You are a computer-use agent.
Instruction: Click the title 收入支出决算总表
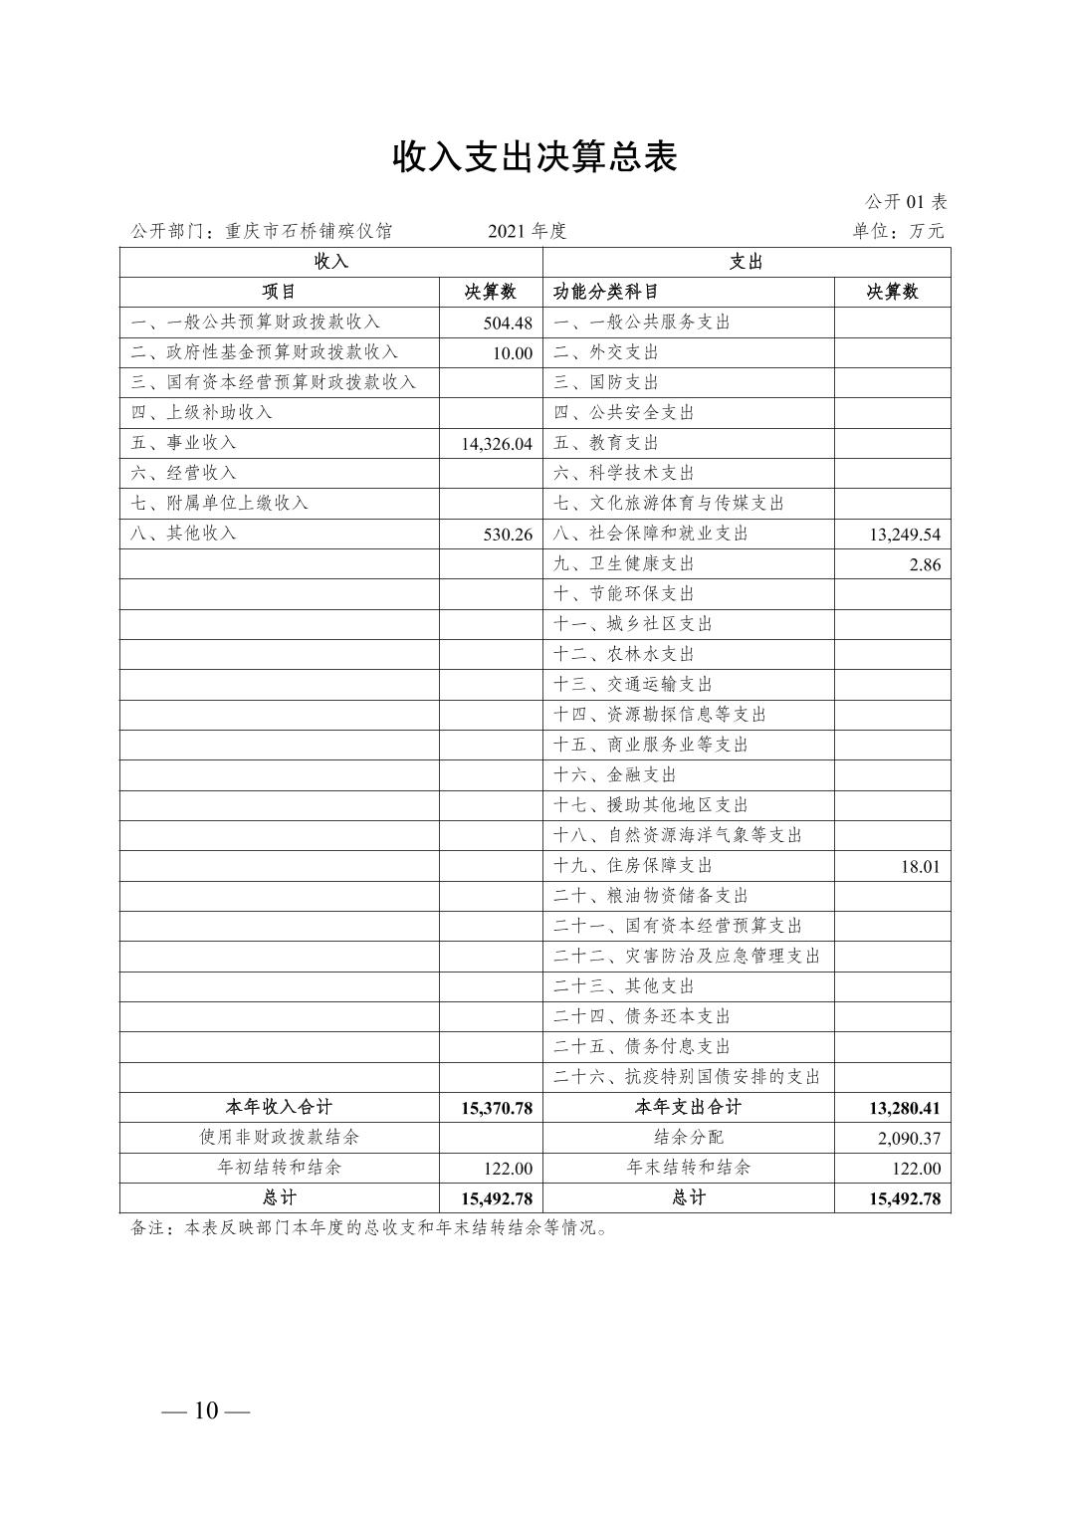535,157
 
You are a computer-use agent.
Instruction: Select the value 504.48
508,324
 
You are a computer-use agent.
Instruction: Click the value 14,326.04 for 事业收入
497,444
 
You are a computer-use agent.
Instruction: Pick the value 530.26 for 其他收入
508,535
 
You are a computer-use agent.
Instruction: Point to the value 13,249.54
904,535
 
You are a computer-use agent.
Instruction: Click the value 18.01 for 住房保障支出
920,866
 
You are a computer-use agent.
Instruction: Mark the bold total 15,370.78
497,1108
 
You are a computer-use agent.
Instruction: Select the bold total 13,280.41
904,1108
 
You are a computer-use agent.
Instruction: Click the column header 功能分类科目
606,292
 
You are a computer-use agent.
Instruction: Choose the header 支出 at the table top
746,262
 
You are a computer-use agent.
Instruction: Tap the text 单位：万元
898,231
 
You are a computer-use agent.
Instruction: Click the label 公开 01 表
906,202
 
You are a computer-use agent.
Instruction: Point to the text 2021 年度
527,231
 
